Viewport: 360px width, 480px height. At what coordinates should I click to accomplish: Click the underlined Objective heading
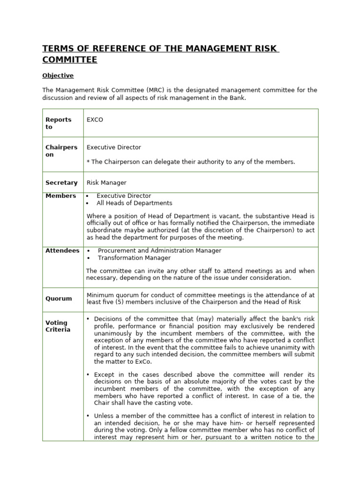point(58,75)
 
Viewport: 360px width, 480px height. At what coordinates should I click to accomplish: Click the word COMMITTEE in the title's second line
point(70,60)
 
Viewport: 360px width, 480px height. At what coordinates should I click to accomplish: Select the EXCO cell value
point(95,120)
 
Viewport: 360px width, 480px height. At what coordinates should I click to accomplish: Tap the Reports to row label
point(58,123)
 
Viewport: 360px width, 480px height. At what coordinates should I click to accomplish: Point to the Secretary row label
point(61,183)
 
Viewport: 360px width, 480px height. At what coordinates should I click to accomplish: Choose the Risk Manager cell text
point(106,183)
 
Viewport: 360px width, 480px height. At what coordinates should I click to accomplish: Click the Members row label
point(60,196)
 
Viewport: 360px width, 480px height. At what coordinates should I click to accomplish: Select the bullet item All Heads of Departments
point(134,203)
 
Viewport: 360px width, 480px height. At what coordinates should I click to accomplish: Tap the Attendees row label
point(62,251)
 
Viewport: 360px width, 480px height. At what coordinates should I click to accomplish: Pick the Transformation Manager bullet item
point(134,258)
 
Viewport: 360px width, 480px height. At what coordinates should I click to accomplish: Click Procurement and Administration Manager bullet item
point(159,251)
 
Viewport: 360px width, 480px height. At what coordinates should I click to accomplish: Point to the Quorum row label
point(59,299)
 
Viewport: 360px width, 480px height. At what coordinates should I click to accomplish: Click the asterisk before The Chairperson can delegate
point(88,162)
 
